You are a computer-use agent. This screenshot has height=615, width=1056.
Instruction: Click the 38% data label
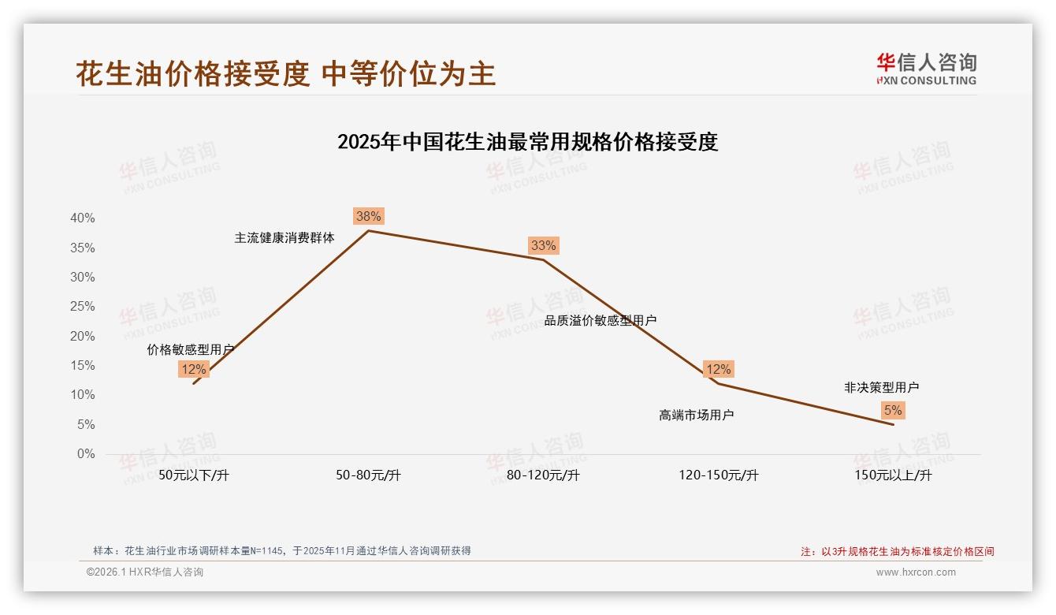pyautogui.click(x=368, y=216)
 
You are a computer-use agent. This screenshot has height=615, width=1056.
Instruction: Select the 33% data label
pyautogui.click(x=543, y=245)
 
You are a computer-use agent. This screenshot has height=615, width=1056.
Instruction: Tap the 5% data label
pyautogui.click(x=893, y=410)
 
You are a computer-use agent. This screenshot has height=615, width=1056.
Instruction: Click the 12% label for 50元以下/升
pyautogui.click(x=193, y=369)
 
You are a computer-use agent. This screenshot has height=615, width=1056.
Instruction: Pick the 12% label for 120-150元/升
pyautogui.click(x=718, y=369)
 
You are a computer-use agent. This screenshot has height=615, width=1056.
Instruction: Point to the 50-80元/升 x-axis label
pyautogui.click(x=368, y=475)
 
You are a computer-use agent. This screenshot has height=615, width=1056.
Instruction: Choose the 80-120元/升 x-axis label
pyautogui.click(x=543, y=475)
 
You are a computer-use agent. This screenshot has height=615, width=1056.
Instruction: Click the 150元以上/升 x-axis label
pyautogui.click(x=893, y=475)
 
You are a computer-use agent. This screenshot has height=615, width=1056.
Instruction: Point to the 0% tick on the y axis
pyautogui.click(x=85, y=454)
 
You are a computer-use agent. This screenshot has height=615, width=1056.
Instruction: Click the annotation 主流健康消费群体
pyautogui.click(x=284, y=237)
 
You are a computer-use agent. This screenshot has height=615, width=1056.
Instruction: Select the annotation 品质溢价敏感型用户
pyautogui.click(x=601, y=320)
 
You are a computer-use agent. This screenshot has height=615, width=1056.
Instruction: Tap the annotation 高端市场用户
pyautogui.click(x=696, y=415)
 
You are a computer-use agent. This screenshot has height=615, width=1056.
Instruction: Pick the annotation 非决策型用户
pyautogui.click(x=881, y=387)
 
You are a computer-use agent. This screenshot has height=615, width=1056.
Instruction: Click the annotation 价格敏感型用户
pyautogui.click(x=190, y=349)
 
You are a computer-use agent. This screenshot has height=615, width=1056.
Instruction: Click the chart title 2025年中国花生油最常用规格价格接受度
pyautogui.click(x=527, y=142)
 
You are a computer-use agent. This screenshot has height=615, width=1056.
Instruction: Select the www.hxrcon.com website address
pyautogui.click(x=916, y=572)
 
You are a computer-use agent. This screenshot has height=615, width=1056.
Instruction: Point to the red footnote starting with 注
pyautogui.click(x=897, y=552)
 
